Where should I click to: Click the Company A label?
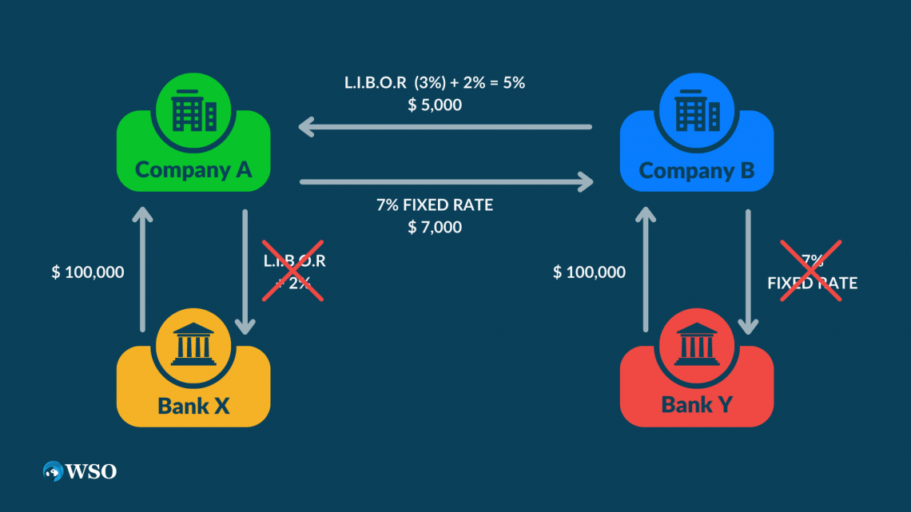(x=193, y=169)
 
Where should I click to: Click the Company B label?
(x=696, y=170)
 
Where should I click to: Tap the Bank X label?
(x=193, y=405)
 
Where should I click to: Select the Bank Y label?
(x=696, y=405)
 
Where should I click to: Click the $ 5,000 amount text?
(x=434, y=105)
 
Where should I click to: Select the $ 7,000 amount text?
(x=434, y=228)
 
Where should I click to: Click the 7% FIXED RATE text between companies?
(x=434, y=205)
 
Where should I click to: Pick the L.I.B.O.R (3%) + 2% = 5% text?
(x=434, y=82)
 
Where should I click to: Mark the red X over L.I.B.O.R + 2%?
(x=294, y=270)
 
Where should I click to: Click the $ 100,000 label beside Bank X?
(x=88, y=272)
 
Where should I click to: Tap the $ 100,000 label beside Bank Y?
(x=589, y=272)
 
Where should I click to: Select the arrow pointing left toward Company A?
(x=444, y=126)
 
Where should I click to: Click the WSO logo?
(x=80, y=471)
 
